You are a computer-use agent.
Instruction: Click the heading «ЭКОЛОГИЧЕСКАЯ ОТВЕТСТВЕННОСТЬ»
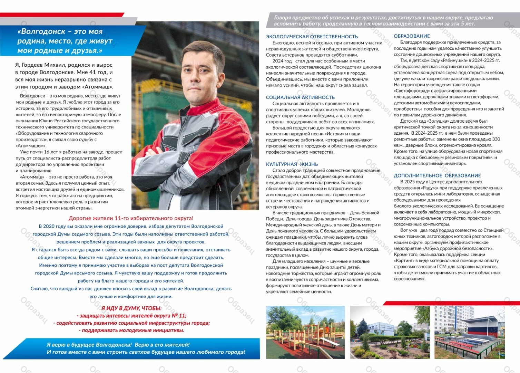click(x=312, y=37)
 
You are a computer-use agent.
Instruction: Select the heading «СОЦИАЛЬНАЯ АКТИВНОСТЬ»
click(x=300, y=97)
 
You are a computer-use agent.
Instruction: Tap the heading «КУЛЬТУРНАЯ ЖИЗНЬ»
click(x=292, y=164)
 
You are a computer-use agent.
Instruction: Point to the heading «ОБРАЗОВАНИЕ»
click(x=412, y=36)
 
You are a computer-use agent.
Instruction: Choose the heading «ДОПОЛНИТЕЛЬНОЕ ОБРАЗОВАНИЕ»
click(x=437, y=175)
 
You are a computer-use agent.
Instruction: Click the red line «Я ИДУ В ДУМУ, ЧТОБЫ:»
click(x=131, y=308)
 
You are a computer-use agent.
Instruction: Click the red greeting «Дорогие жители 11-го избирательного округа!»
click(x=131, y=218)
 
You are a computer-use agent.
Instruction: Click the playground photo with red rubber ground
click(x=305, y=332)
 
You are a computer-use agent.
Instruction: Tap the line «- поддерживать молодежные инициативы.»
click(x=131, y=331)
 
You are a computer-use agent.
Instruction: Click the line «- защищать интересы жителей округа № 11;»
click(x=131, y=316)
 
